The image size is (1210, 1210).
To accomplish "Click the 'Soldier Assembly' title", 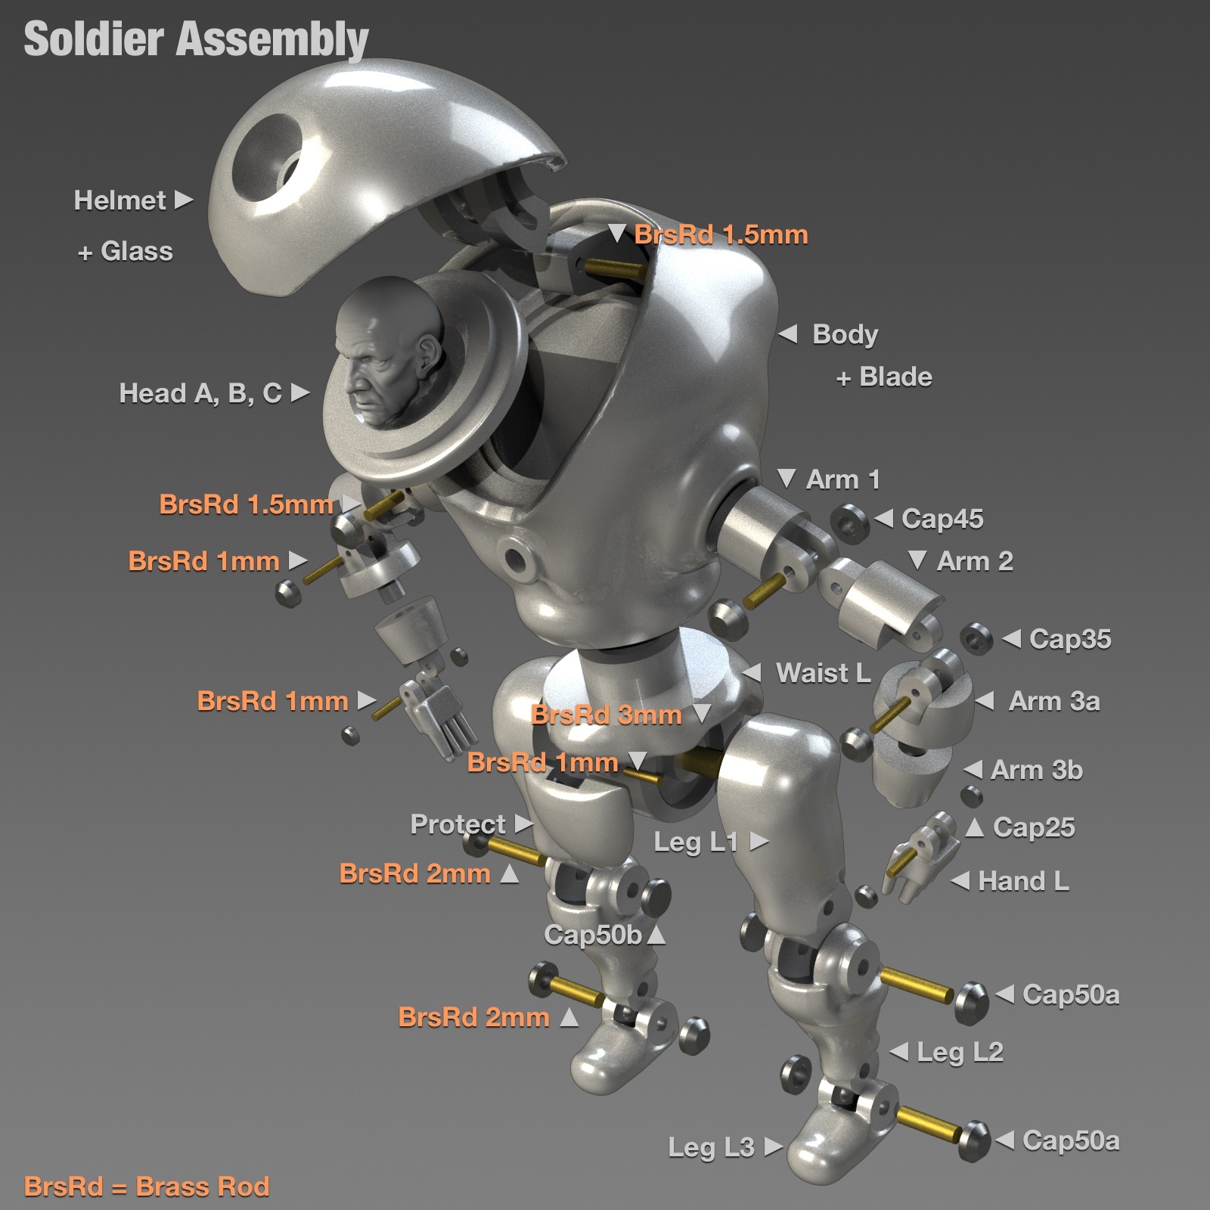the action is (x=196, y=39).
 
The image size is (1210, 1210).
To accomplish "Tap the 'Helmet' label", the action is (x=119, y=200).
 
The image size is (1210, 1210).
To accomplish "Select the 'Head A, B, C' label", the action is (x=200, y=393).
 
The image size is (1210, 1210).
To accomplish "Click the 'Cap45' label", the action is (x=942, y=519).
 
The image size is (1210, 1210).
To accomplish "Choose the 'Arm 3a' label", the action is (x=1054, y=701).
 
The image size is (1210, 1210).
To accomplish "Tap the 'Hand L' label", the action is (x=1023, y=881).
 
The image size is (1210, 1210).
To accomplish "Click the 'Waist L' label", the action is (x=824, y=673).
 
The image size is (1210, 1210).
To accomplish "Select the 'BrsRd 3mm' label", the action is (x=607, y=715).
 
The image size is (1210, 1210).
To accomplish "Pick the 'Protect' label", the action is (x=458, y=824).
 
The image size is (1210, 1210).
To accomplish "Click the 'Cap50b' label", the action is (x=593, y=935).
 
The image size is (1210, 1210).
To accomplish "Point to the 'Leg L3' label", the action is (x=711, y=1147).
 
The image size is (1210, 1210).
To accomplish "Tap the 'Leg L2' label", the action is (x=960, y=1052).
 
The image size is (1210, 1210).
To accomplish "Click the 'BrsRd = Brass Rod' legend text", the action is (x=147, y=1187).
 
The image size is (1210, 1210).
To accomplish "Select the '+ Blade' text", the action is (x=884, y=377).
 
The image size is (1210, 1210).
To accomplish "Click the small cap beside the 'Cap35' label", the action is (x=976, y=639).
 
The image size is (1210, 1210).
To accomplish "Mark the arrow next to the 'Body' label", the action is (x=788, y=334).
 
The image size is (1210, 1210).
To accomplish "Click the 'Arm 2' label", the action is (x=975, y=561).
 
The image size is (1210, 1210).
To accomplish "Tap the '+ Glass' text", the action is (x=125, y=251).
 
